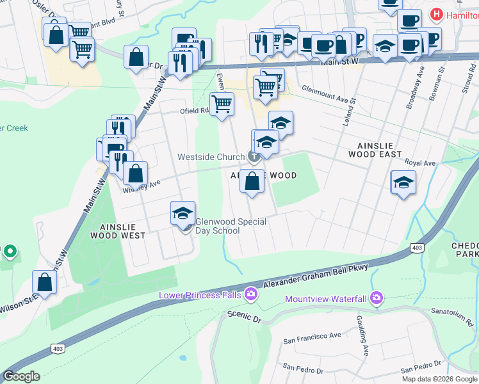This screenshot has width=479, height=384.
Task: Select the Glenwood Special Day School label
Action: click(x=231, y=226)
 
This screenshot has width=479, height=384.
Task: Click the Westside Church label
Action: click(x=211, y=157)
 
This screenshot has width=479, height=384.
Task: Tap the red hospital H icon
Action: click(x=437, y=13)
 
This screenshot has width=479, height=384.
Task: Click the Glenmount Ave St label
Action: click(x=329, y=96)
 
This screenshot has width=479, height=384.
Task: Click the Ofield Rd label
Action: click(x=195, y=110)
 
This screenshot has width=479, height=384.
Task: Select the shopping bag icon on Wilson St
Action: click(x=44, y=282)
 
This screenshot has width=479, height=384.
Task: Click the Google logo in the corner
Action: click(x=21, y=376)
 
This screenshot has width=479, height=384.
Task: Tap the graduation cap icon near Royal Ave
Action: click(x=403, y=183)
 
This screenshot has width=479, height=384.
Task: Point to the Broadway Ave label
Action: click(x=414, y=89)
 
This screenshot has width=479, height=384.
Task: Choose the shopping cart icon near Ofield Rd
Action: click(x=222, y=104)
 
